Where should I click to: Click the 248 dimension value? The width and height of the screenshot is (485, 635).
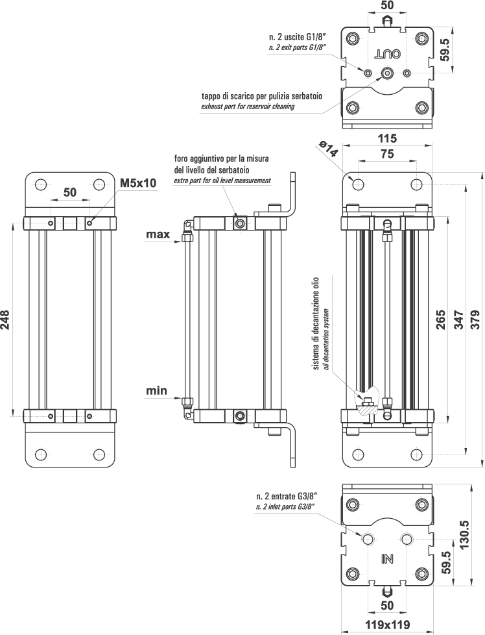point(6,319)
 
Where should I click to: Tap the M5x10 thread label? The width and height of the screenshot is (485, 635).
point(138,183)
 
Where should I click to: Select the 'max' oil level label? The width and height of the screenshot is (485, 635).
point(158,234)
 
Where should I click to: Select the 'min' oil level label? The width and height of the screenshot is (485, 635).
point(156,391)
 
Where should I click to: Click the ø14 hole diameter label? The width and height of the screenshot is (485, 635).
point(329,150)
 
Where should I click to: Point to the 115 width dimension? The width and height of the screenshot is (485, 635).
point(387,138)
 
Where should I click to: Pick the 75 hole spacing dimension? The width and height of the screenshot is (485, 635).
point(387,155)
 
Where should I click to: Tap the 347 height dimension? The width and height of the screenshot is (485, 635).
point(458,319)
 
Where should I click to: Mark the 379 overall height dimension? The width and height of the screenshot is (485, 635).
point(477,319)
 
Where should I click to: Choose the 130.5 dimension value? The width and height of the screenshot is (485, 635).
point(464,534)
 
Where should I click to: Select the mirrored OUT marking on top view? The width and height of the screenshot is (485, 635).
point(388,53)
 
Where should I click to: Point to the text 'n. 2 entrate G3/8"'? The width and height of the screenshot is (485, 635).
point(285,497)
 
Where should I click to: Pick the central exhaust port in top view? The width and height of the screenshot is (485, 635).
point(387,73)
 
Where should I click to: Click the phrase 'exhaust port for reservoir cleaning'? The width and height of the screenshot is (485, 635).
point(248,106)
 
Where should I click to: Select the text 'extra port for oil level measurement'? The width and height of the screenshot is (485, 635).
point(222,180)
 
